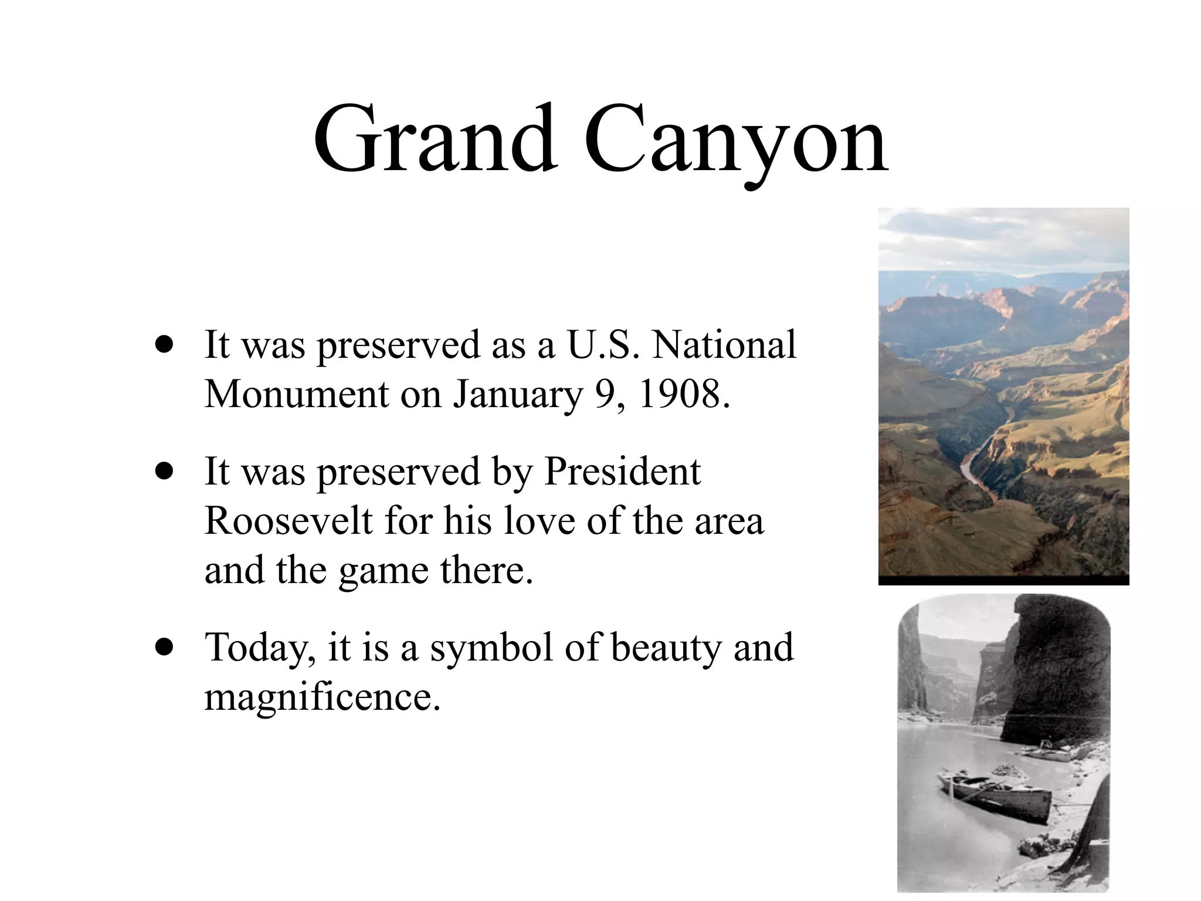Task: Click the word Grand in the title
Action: pyautogui.click(x=435, y=141)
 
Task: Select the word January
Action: pyautogui.click(x=517, y=395)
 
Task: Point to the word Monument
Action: pyautogui.click(x=297, y=394)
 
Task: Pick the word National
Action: pyautogui.click(x=725, y=345)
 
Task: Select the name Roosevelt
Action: pyautogui.click(x=289, y=521)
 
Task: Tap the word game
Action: pyautogui.click(x=383, y=571)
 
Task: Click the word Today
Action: pyautogui.click(x=256, y=649)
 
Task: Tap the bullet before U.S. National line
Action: pyautogui.click(x=165, y=345)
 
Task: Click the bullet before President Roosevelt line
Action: pyautogui.click(x=165, y=472)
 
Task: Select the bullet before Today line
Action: pyautogui.click(x=165, y=648)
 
